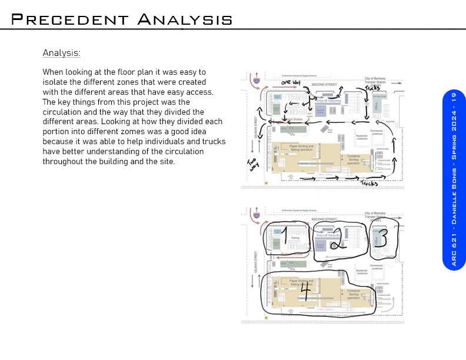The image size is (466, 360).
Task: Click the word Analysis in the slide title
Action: coord(185,19)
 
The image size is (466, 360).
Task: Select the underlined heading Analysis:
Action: coord(61,53)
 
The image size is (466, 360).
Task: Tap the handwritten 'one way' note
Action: coord(290,82)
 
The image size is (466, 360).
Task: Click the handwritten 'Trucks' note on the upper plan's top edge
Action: coord(372,88)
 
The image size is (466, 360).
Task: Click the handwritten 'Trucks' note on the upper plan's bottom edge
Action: coord(369,184)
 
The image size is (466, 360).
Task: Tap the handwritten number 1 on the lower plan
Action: coord(284,236)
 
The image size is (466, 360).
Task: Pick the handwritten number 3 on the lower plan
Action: coord(382,237)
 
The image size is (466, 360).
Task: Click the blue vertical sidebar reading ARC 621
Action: coord(454,179)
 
